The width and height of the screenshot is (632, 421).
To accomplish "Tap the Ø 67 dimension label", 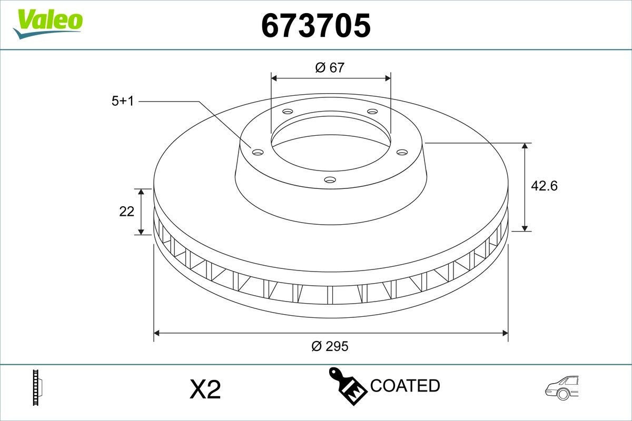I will pyautogui.click(x=330, y=67).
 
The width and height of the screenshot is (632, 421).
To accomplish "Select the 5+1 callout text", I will pyautogui.click(x=123, y=101).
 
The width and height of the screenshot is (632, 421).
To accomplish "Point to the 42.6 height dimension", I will pyautogui.click(x=544, y=185).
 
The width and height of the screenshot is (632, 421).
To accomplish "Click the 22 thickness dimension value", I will pyautogui.click(x=127, y=212).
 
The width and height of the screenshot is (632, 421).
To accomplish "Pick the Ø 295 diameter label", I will pyautogui.click(x=330, y=346).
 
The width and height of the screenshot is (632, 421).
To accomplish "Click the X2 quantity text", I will pyautogui.click(x=204, y=390).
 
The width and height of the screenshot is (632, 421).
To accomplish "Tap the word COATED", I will pyautogui.click(x=405, y=386).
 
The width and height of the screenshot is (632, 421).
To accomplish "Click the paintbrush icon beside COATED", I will pyautogui.click(x=347, y=385).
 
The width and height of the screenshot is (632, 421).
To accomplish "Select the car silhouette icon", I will pyautogui.click(x=562, y=388).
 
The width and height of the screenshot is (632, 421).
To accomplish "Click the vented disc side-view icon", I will pyautogui.click(x=37, y=388).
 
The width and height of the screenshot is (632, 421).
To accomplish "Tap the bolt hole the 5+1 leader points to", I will pyautogui.click(x=258, y=153).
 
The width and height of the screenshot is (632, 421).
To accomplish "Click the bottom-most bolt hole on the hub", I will pyautogui.click(x=330, y=180).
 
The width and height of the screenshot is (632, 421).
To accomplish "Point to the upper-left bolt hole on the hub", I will pyautogui.click(x=287, y=112).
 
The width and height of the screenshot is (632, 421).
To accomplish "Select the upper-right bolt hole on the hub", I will pyautogui.click(x=372, y=112).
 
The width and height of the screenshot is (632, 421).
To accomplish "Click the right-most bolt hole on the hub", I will pyautogui.click(x=402, y=153).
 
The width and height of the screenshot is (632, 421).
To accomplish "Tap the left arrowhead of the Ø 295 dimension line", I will pyautogui.click(x=156, y=333).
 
